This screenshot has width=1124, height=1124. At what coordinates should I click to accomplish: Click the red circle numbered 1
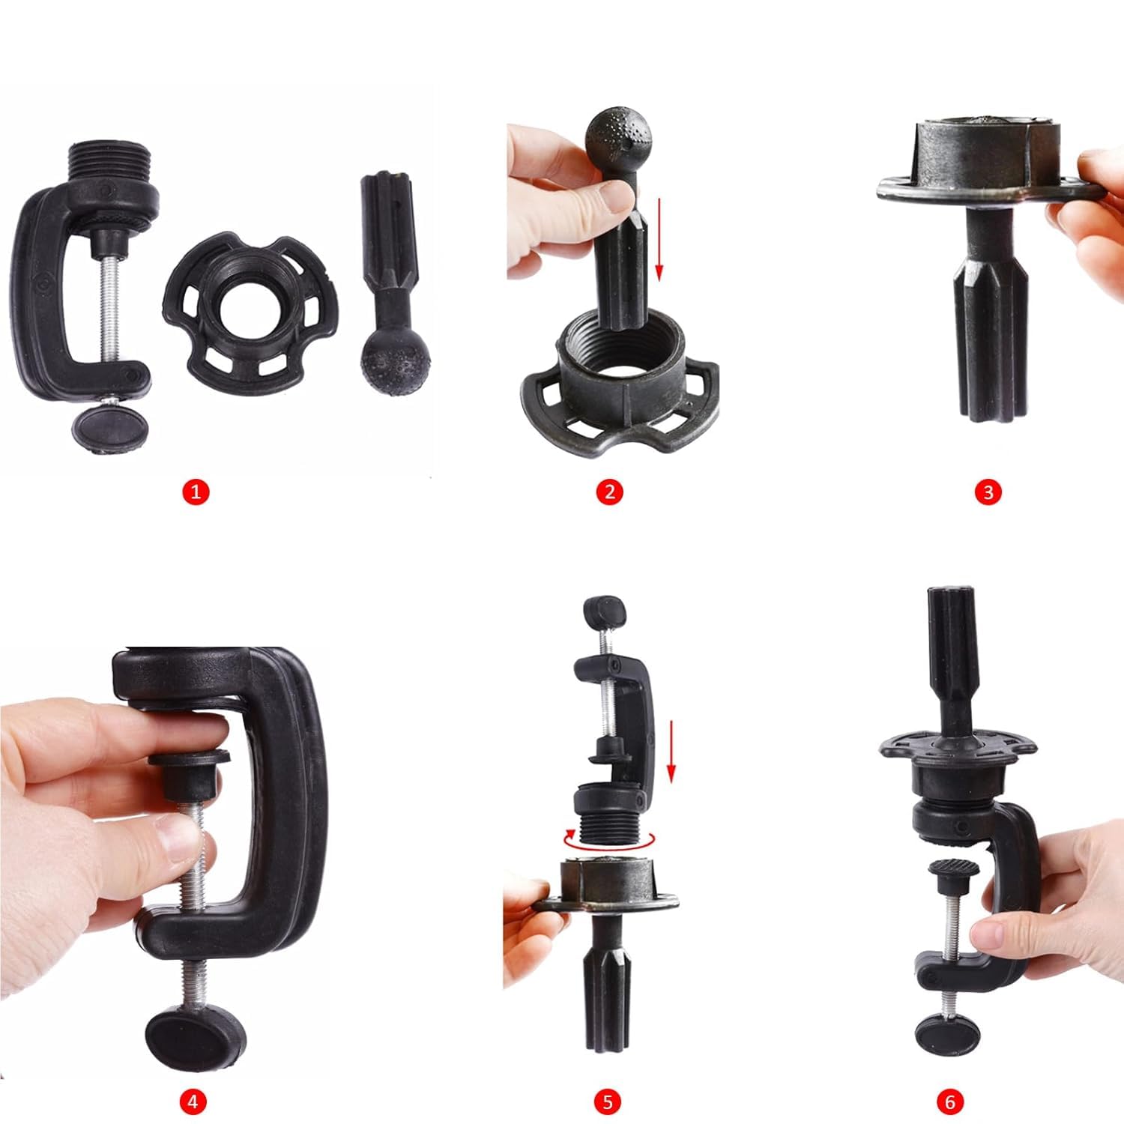point(196,492)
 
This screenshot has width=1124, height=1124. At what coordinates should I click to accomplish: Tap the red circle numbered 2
point(609,492)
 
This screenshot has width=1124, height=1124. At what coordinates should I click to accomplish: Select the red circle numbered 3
point(988,492)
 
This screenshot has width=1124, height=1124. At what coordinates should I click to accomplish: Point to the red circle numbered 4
point(193,1102)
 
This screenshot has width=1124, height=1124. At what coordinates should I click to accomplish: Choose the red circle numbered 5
point(608,1102)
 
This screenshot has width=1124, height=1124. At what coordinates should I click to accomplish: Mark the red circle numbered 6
point(950,1102)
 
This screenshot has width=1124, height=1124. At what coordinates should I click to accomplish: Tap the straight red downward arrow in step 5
point(671,750)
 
